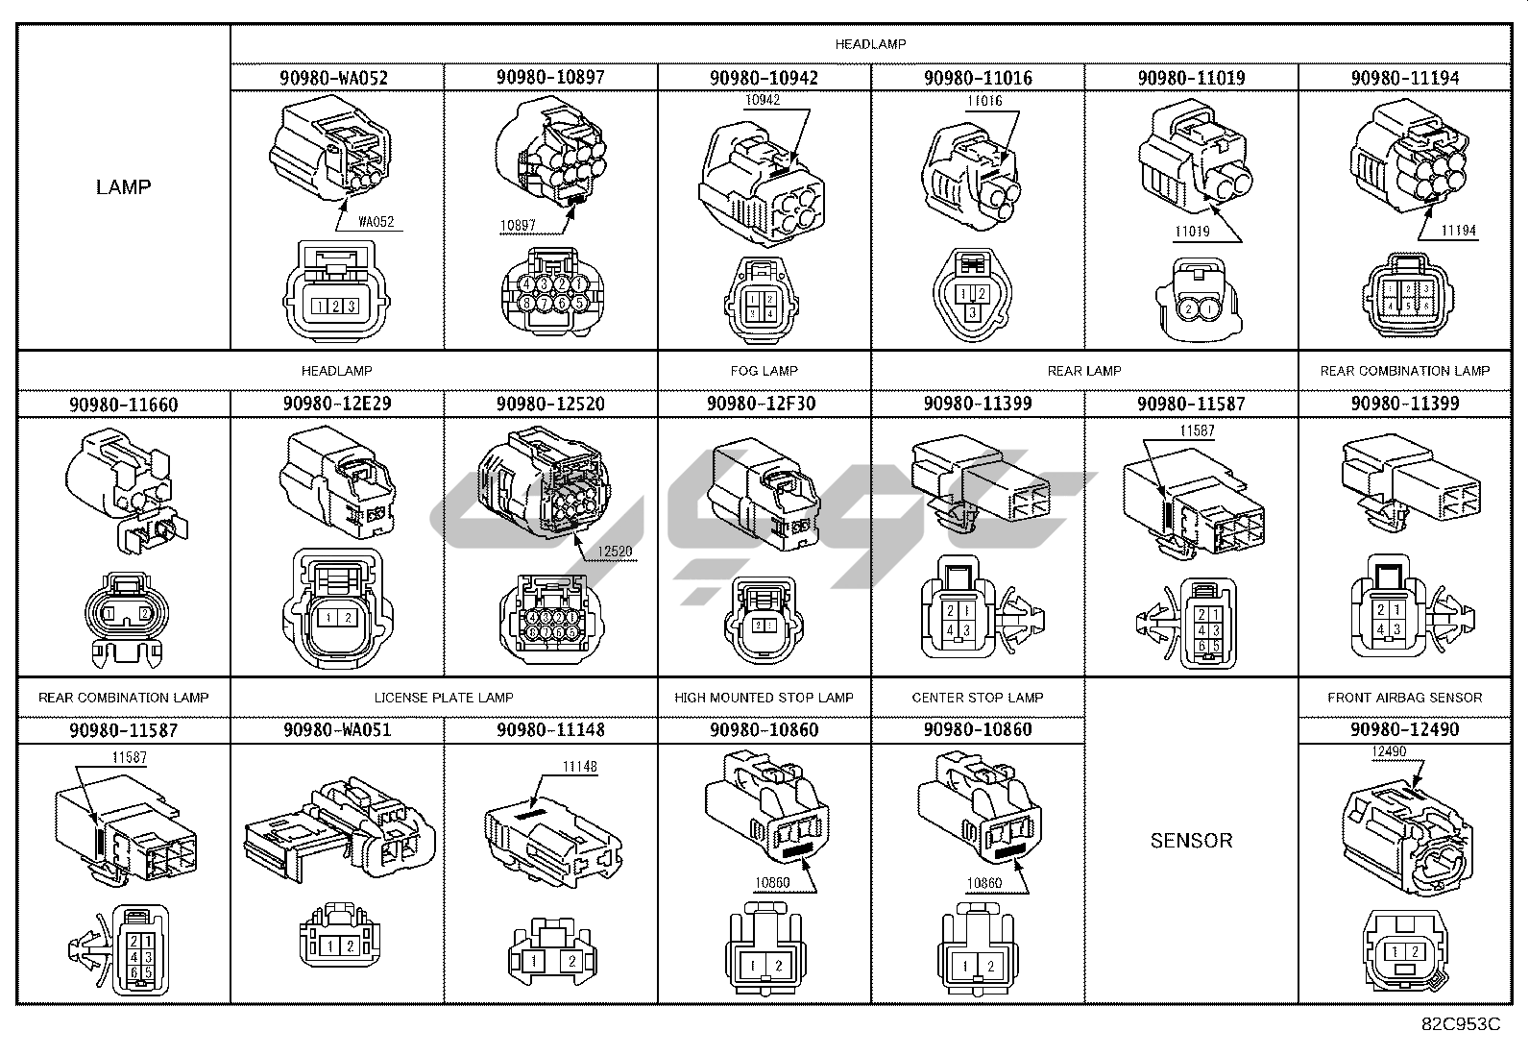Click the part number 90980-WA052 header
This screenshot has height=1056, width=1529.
point(336,78)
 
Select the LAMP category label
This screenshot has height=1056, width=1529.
point(123,186)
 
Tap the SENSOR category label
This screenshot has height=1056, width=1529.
point(1190,840)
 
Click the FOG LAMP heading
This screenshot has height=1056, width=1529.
point(764,371)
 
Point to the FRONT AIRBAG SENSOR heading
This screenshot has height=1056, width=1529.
point(1404,698)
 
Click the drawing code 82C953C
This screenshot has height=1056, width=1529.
point(1460,1024)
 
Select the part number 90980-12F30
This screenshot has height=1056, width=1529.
point(762,404)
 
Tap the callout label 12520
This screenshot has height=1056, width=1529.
point(615,552)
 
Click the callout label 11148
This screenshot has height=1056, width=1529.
point(579,767)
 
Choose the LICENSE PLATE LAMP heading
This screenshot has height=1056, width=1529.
point(444,698)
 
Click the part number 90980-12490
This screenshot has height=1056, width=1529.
point(1404,730)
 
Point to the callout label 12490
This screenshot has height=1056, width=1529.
point(1389,752)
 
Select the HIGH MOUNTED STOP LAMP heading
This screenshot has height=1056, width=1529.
point(764,698)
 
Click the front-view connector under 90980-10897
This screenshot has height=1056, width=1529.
point(550,293)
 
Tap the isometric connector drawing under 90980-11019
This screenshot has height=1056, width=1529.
point(1194,163)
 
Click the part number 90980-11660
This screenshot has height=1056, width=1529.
point(123,405)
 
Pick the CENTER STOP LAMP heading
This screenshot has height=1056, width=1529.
point(977,698)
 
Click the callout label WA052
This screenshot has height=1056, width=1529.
point(376,222)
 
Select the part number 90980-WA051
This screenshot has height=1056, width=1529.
point(336,730)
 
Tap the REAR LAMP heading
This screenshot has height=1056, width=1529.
point(1084,371)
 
